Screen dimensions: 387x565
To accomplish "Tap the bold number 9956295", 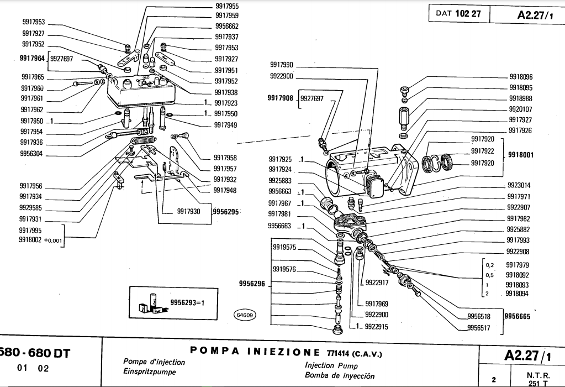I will click(x=226, y=211).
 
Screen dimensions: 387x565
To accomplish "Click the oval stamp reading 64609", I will click(x=244, y=316).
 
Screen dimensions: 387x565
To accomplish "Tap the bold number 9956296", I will click(x=252, y=284).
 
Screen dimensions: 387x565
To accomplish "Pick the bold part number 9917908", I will click(x=280, y=98).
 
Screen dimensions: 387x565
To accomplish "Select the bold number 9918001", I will click(x=520, y=155).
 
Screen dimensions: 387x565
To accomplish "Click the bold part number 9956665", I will click(x=517, y=317).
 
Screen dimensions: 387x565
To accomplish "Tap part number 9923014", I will click(x=519, y=186).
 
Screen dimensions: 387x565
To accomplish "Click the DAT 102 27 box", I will click(x=458, y=14).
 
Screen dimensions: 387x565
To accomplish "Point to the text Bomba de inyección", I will click(x=340, y=376).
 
